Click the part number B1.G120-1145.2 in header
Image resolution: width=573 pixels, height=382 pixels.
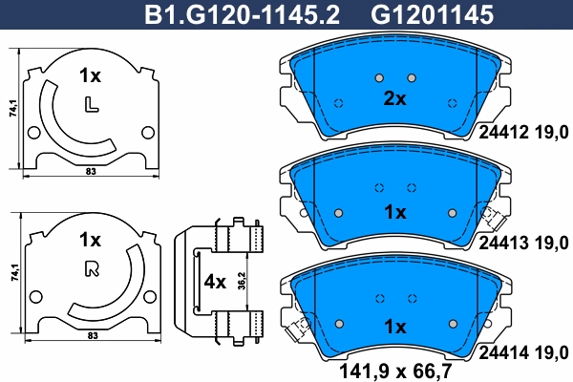tap(242, 14)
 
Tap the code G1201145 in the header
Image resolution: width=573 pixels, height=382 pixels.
tap(432, 14)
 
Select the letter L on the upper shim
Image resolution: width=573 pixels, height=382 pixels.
tap(92, 104)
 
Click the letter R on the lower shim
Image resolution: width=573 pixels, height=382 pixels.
tap(92, 269)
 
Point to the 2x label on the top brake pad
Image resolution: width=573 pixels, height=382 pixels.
tap(394, 98)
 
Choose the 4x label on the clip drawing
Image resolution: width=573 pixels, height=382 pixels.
tap(215, 282)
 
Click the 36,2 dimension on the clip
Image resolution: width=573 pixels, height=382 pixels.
tap(242, 281)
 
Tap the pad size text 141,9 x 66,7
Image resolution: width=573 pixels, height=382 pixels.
tap(395, 371)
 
